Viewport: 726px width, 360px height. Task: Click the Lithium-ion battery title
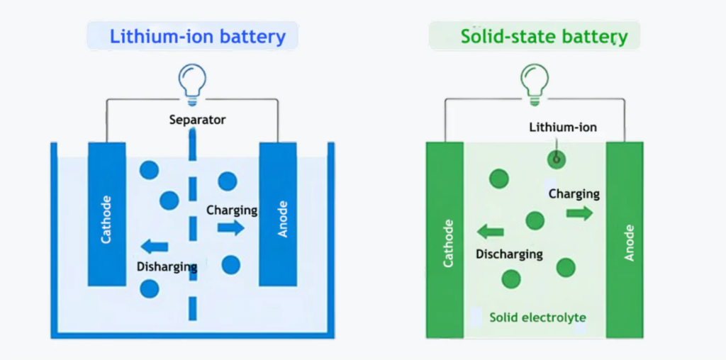(197, 36)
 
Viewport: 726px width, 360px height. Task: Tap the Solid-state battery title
(544, 36)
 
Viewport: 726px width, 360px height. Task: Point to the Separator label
(197, 120)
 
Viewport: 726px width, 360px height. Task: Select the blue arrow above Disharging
(155, 247)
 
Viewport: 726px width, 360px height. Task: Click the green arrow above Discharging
(490, 231)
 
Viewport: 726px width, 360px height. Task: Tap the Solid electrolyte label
(537, 317)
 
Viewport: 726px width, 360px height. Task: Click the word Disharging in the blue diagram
(167, 266)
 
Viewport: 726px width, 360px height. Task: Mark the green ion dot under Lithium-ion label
(557, 159)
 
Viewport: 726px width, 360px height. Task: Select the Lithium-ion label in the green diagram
(563, 128)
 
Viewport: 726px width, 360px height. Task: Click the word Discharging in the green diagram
(509, 254)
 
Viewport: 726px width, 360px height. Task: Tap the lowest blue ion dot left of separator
(149, 288)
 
